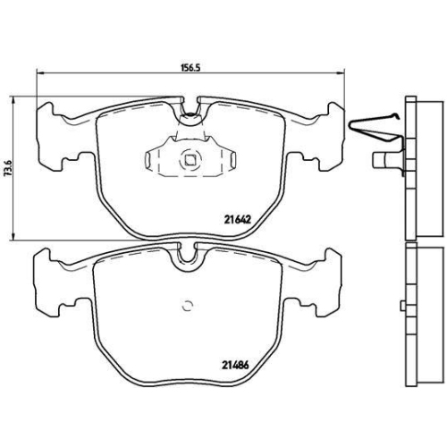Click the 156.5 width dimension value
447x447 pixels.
188,65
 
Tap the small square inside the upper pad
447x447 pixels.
190,161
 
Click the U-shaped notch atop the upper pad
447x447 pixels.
190,111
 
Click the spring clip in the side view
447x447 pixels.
375,126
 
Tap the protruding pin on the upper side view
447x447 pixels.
383,162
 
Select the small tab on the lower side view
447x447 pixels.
405,302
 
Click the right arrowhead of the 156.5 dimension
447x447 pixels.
342,73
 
